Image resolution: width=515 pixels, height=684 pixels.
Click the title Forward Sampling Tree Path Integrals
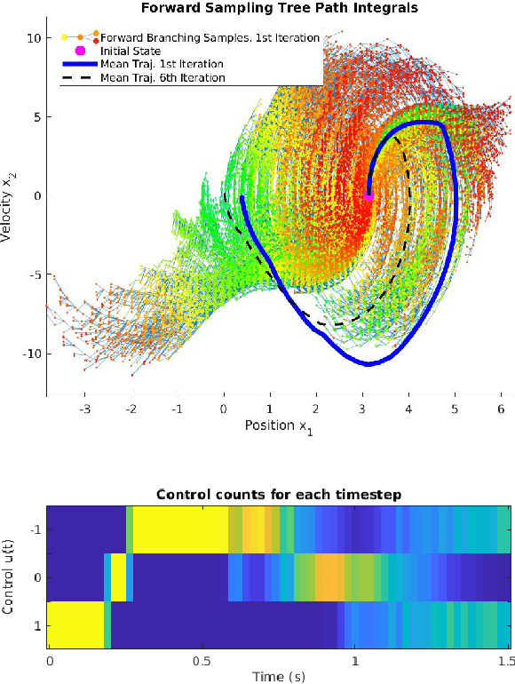(x=279, y=8)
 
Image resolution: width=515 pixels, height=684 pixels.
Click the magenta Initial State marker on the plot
(x=368, y=195)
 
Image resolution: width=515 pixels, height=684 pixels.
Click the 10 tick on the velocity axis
(x=34, y=38)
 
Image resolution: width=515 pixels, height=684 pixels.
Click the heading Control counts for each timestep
(x=279, y=495)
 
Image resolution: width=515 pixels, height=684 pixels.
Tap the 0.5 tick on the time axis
(x=202, y=662)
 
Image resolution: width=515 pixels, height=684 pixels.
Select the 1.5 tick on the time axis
(x=507, y=662)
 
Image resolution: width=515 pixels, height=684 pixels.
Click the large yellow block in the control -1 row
(x=178, y=529)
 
